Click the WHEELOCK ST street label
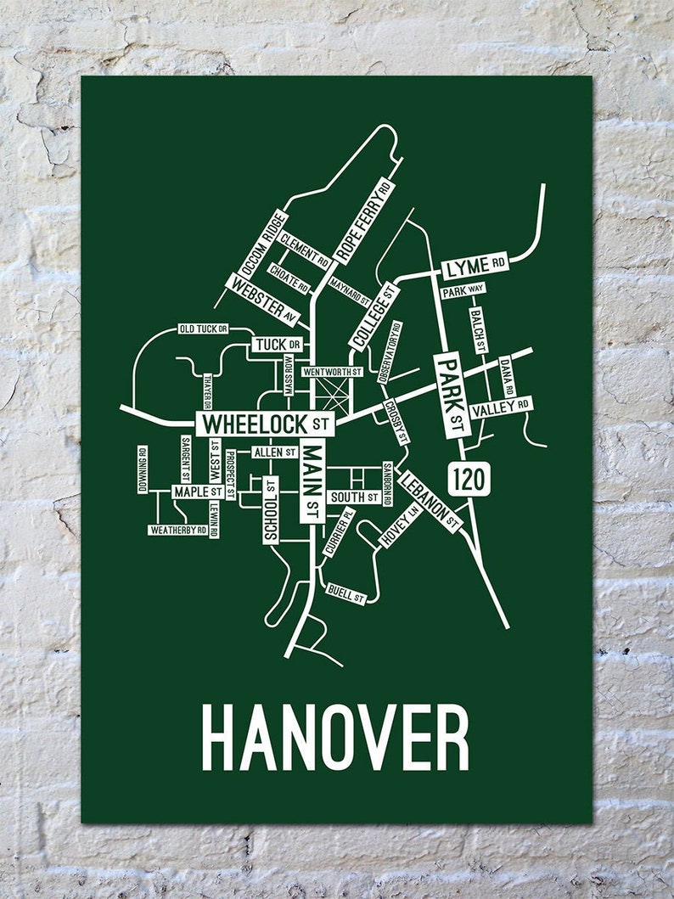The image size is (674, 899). (x=266, y=423)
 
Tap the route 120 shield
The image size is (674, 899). (x=469, y=479)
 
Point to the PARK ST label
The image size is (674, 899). (x=451, y=394)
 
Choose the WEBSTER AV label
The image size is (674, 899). (x=264, y=301)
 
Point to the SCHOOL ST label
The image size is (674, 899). (x=271, y=509)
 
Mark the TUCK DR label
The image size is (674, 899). (x=278, y=345)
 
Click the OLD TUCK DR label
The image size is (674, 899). (x=203, y=329)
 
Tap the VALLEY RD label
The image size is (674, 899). (x=501, y=408)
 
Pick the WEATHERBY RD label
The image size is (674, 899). (x=178, y=530)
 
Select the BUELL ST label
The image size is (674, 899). (x=345, y=594)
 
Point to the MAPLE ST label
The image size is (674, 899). (x=198, y=492)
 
